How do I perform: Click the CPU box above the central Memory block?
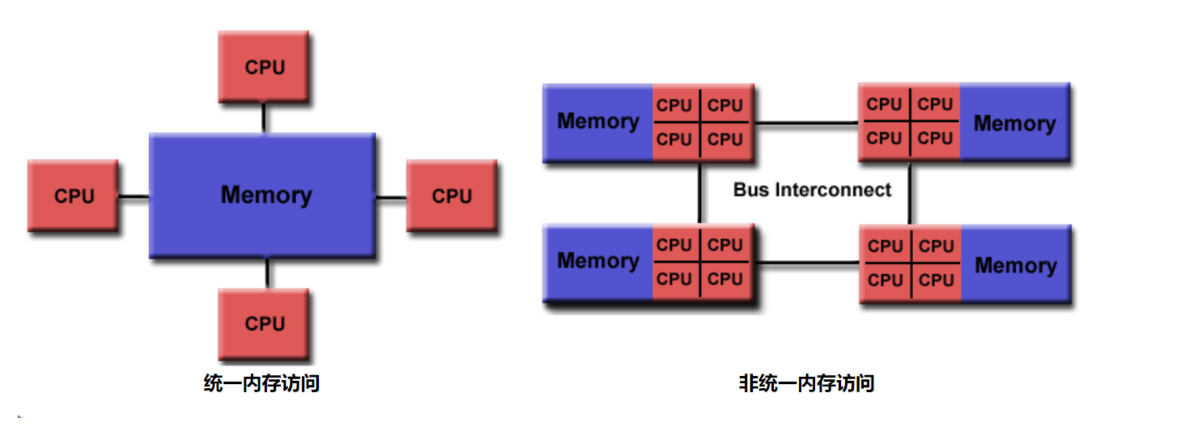(264, 67)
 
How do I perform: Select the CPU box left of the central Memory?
(73, 196)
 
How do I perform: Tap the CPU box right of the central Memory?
(451, 196)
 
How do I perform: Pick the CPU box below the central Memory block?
(264, 324)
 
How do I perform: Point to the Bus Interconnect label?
(812, 189)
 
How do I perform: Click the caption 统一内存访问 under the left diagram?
(261, 383)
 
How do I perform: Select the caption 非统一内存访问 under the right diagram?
(806, 383)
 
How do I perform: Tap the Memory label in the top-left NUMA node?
(598, 122)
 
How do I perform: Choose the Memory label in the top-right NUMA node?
(1015, 124)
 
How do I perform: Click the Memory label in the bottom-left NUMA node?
(598, 261)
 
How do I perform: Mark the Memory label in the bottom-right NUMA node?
(1016, 266)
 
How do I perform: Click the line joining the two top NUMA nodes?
(807, 122)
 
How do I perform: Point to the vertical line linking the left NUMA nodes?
(700, 193)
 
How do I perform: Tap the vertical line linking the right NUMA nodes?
(910, 193)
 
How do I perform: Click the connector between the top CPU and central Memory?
(264, 118)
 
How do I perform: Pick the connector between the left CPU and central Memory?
(134, 197)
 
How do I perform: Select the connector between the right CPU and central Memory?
(391, 198)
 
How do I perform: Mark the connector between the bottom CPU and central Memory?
(267, 274)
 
